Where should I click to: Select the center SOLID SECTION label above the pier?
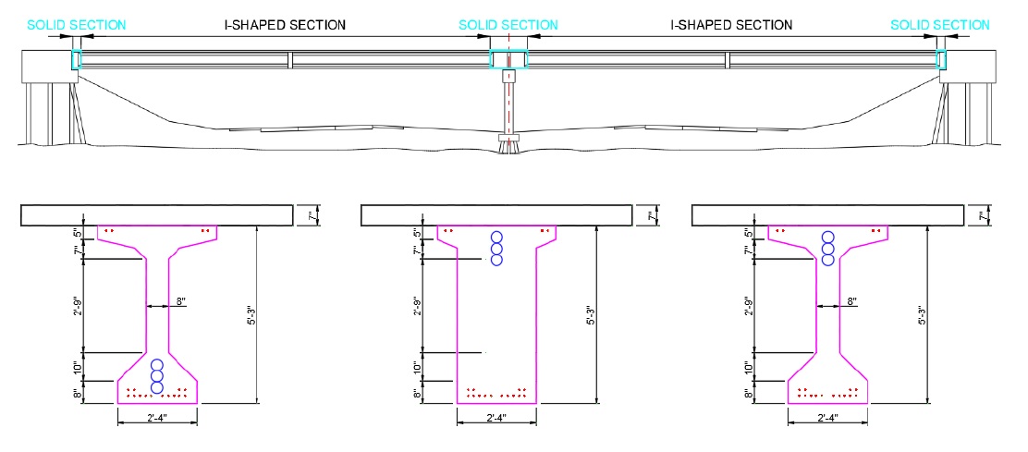(508, 25)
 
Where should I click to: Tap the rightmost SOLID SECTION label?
(940, 25)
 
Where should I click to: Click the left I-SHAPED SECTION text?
(287, 25)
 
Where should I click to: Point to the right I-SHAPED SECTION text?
(731, 25)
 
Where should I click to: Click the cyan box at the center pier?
(508, 60)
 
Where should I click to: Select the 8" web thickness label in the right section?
(851, 301)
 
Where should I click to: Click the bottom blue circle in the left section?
(157, 387)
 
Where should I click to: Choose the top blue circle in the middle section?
(496, 237)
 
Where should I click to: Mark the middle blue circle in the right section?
(827, 249)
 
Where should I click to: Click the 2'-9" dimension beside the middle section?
(416, 306)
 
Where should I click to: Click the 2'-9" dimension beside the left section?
(79, 306)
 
